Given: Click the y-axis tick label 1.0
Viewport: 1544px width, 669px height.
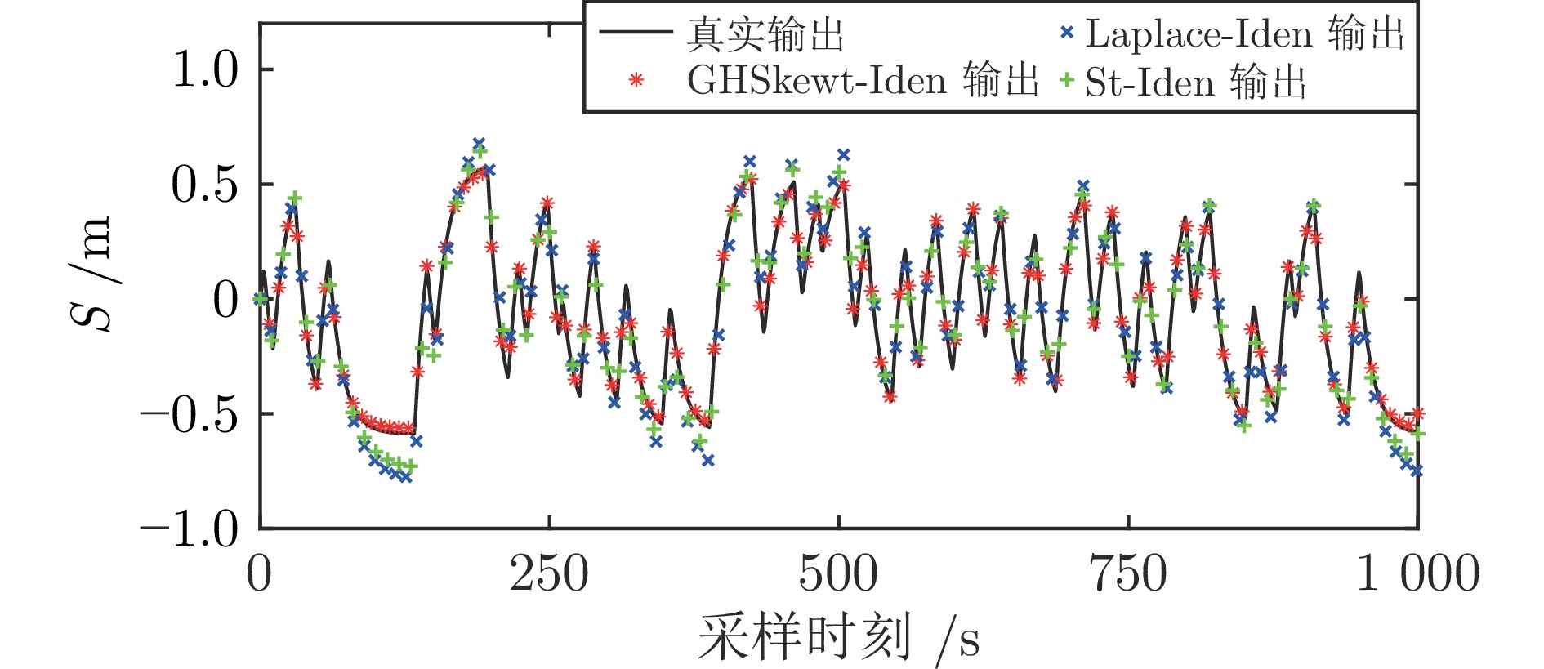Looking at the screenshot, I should [x=205, y=69].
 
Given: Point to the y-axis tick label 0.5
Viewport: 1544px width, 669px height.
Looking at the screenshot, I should [x=205, y=185].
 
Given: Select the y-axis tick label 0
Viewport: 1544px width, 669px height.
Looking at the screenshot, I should [x=225, y=300].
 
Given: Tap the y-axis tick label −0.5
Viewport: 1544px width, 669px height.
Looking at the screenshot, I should [x=189, y=414].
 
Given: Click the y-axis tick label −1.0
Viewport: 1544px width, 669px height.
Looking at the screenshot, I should [x=189, y=529].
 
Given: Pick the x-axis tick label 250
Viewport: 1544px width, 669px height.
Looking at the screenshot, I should [x=549, y=573].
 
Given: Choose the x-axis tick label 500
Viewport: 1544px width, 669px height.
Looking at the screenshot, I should [x=838, y=573].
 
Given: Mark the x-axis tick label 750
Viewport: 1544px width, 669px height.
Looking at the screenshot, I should [x=1128, y=573].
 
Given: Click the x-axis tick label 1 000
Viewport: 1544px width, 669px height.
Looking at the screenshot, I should [x=1417, y=573].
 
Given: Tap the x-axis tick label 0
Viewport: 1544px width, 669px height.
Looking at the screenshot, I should [x=259, y=573].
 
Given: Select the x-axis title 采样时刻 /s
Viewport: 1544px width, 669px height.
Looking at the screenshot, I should [x=838, y=638].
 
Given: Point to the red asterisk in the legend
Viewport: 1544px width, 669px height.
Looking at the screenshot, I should [x=636, y=80].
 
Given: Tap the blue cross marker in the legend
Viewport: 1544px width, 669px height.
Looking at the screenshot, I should [x=1066, y=33].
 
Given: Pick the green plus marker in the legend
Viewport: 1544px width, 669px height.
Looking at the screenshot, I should [x=1066, y=80].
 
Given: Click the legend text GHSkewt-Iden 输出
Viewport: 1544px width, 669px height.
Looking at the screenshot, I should [x=862, y=80].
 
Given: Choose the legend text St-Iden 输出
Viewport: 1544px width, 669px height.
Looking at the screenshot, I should [x=1196, y=82].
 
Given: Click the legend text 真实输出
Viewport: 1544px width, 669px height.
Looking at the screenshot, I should [x=765, y=34].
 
